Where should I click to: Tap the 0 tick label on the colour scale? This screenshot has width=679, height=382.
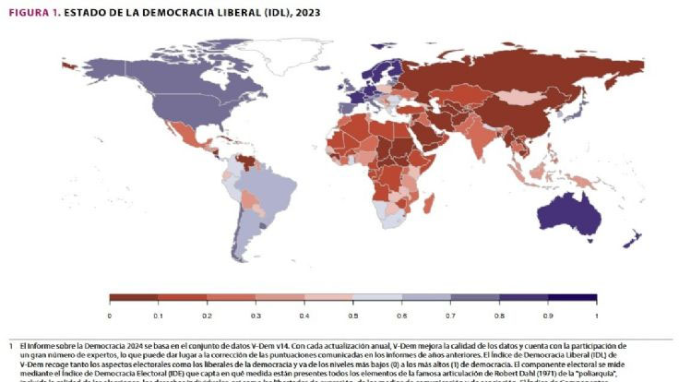[x=110, y=316]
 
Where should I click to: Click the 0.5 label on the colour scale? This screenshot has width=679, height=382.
[x=353, y=316]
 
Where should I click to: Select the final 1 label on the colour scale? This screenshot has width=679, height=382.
[x=596, y=316]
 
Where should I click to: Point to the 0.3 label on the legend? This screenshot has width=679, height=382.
[x=256, y=316]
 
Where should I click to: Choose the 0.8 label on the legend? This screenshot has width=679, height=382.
[x=499, y=316]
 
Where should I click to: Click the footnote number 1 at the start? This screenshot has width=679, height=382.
[x=10, y=344]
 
